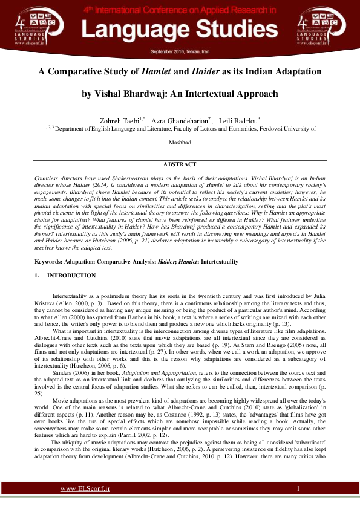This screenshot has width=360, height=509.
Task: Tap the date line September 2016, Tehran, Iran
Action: [x=180, y=53]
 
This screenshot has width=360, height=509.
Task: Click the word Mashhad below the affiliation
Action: [x=180, y=143]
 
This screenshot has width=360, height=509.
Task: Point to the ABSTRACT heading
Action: [x=180, y=164]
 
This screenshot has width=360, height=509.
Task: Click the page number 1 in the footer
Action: [x=298, y=488]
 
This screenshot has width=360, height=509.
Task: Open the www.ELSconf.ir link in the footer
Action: [x=85, y=488]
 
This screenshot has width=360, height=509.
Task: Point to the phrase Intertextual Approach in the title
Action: [x=226, y=94]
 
